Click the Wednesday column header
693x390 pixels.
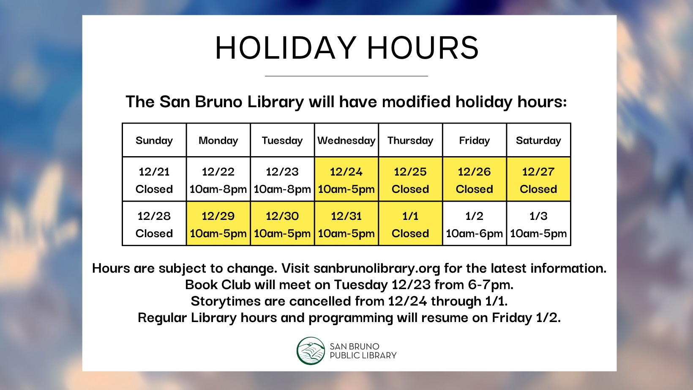coord(346,140)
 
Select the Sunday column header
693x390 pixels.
coord(154,140)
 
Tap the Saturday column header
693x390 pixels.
coord(538,140)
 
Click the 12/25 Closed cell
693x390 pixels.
coord(410,179)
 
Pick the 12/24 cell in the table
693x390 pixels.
coord(346,179)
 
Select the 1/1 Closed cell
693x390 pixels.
coord(410,223)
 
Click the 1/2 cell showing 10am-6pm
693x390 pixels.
coord(474,223)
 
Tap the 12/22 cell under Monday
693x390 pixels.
coord(218,179)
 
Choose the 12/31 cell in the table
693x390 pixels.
coord(346,223)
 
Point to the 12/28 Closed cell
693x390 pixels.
coord(154,223)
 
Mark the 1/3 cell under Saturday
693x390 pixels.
coord(538,223)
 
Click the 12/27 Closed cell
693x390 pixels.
coord(538,179)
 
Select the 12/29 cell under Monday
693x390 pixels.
coord(218,223)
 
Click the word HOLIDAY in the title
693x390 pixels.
coord(286,48)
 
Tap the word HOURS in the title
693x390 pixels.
coord(423,48)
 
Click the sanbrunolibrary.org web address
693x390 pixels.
coord(377,268)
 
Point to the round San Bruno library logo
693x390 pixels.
coord(311,351)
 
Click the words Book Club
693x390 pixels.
coord(218,284)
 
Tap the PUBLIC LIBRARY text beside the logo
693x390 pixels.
coord(363,356)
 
